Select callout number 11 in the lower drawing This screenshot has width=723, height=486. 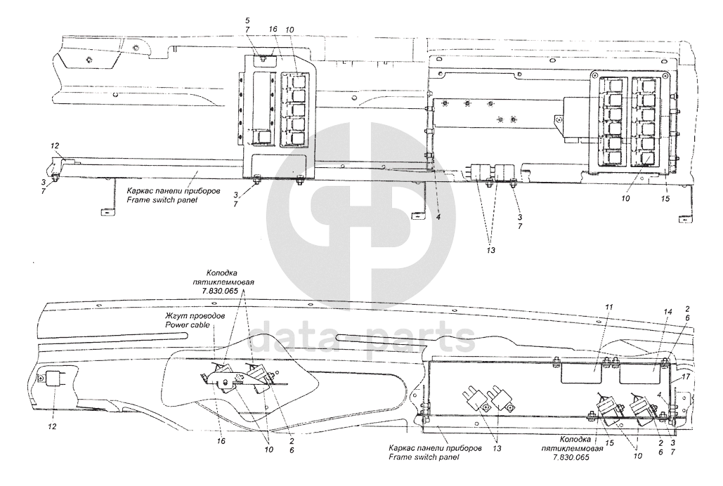coord(609,308)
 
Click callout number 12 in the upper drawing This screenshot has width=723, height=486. coord(55,145)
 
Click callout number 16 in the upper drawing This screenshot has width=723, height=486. coord(274,29)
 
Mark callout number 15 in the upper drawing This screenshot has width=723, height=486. coord(665,199)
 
